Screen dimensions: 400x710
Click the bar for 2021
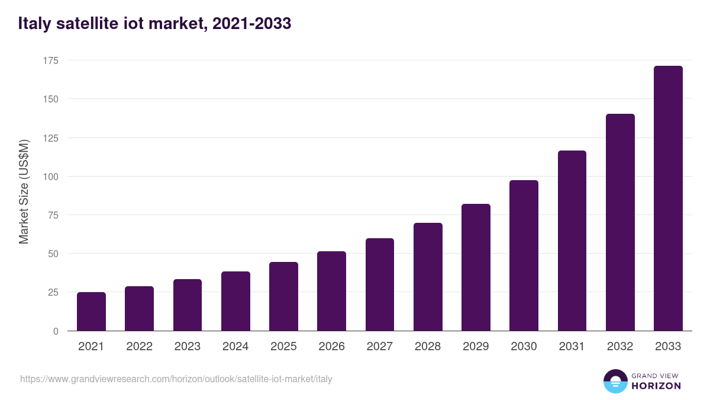pos(91,312)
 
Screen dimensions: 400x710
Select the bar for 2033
pos(668,199)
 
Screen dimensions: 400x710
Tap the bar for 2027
pos(380,284)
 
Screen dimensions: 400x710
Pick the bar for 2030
pos(524,255)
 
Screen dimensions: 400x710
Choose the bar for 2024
pos(235,301)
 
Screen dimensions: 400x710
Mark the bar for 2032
pos(620,222)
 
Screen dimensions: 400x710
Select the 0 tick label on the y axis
pos(56,331)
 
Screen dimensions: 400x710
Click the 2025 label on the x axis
pos(283,347)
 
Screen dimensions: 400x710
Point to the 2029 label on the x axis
pos(476,347)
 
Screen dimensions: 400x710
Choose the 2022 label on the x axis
pos(139,347)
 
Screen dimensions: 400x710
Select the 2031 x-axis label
pos(572,347)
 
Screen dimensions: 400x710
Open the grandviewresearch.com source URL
pos(176,379)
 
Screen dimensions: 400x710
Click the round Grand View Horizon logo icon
pos(615,381)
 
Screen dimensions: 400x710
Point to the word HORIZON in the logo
pos(656,386)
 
